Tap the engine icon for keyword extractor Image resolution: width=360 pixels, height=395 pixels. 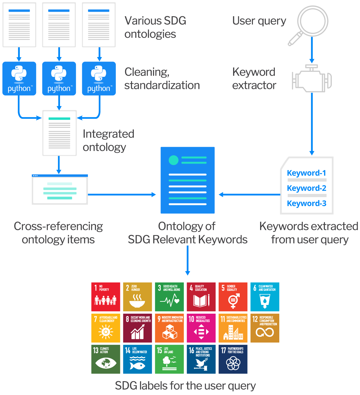[312, 78]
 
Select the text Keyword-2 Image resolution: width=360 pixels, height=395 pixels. [307, 188]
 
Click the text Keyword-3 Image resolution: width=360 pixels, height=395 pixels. [307, 204]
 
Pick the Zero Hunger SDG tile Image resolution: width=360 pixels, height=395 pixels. [137, 297]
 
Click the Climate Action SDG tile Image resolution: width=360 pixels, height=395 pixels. [106, 359]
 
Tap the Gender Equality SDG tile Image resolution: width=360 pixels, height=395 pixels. [233, 297]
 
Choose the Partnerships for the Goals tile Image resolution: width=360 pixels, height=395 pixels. [233, 359]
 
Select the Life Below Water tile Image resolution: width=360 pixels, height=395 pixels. [137, 359]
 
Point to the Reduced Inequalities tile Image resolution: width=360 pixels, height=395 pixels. [201, 328]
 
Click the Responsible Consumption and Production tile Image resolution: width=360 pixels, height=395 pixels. [265, 328]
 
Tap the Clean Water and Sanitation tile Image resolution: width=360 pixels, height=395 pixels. [265, 297]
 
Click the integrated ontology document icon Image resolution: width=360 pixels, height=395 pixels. [59, 133]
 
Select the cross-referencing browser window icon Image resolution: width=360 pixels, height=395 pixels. [60, 189]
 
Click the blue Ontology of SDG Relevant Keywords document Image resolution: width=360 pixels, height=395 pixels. [187, 180]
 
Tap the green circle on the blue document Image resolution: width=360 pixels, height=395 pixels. [174, 160]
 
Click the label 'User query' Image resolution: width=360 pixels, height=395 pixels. [259, 21]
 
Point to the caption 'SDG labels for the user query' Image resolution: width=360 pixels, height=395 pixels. [185, 386]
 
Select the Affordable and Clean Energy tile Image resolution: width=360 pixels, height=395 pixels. [106, 328]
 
